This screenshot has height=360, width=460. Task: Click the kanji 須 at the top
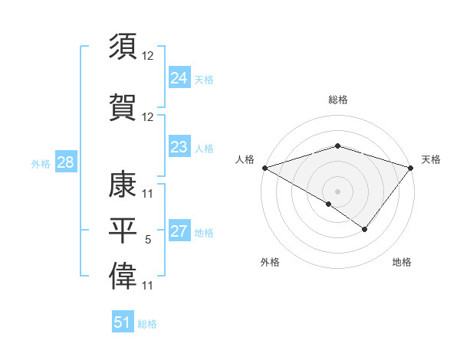coord(123,47)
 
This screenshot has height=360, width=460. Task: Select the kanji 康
coord(123,182)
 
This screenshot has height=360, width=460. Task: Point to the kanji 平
coord(123,230)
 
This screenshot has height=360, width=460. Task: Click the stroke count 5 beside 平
coord(148,241)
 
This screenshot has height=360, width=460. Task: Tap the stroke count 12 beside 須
coord(148,57)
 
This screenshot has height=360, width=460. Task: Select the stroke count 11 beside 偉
coord(148,286)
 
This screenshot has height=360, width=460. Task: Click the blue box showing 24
coord(179,77)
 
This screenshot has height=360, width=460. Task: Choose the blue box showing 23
coord(179,147)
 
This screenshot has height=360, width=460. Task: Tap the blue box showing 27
coord(179,231)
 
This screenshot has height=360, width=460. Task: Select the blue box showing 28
coord(65,162)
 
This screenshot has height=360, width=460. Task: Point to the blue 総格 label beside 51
coord(147,324)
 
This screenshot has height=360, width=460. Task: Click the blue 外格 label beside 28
coord(41,164)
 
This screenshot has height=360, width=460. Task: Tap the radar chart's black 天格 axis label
coord(432,159)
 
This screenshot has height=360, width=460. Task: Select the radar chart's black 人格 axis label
coord(245,159)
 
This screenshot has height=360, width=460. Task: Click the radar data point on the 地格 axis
coord(365,229)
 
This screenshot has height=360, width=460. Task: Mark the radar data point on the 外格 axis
coord(329,204)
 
